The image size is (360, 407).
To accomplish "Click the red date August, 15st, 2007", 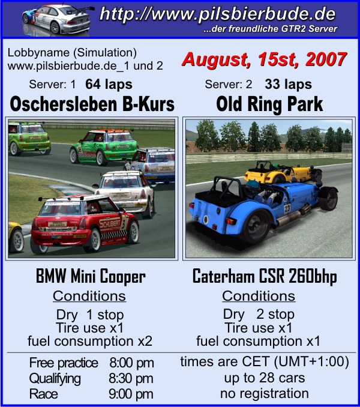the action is click(264, 59).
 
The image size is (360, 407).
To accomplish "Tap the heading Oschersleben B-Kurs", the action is click(92, 104).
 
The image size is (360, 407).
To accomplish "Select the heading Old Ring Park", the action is click(269, 104).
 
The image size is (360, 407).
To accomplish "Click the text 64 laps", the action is click(109, 85).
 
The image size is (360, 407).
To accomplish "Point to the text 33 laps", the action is click(288, 85).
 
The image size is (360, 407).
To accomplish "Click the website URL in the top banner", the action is click(217, 14).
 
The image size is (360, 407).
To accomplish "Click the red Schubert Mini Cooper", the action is click(85, 224).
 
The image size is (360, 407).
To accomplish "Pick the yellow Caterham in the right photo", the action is click(283, 172).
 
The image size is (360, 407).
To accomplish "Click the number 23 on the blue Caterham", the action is click(287, 208).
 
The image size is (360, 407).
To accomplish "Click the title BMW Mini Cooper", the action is click(91, 277).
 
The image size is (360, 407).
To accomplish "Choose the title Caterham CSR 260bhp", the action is click(265, 276).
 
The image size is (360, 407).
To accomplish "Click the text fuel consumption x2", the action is click(90, 341).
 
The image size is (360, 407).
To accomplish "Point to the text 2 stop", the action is click(275, 315).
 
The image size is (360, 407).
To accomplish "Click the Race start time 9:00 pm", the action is click(131, 394).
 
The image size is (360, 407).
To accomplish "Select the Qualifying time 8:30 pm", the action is click(131, 378).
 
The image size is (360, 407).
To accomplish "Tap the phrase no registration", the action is click(265, 394).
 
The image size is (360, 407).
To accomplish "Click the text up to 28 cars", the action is click(265, 378).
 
